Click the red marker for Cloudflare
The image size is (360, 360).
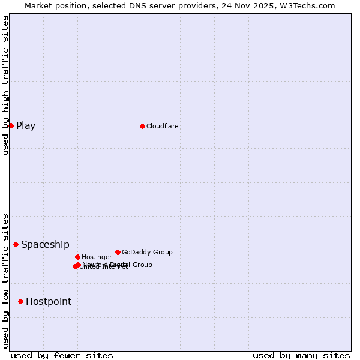click(x=142, y=126)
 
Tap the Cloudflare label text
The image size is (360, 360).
click(x=163, y=126)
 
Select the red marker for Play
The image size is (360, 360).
click(x=11, y=125)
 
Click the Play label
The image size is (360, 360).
click(x=26, y=125)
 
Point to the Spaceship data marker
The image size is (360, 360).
click(x=16, y=244)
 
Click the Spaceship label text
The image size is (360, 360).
click(x=45, y=244)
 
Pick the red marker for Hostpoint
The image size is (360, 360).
click(x=20, y=301)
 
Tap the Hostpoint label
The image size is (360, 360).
click(x=49, y=301)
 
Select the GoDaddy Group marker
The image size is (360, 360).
click(x=118, y=252)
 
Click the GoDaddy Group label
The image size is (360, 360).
click(x=147, y=252)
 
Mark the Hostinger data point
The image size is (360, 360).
click(x=77, y=257)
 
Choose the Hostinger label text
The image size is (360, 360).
click(x=97, y=257)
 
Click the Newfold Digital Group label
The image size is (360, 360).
click(x=118, y=264)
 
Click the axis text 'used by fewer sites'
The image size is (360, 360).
click(x=62, y=355)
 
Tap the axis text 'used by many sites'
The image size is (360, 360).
click(x=301, y=355)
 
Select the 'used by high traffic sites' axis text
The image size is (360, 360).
click(x=5, y=85)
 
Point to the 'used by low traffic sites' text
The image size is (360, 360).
click(x=5, y=281)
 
